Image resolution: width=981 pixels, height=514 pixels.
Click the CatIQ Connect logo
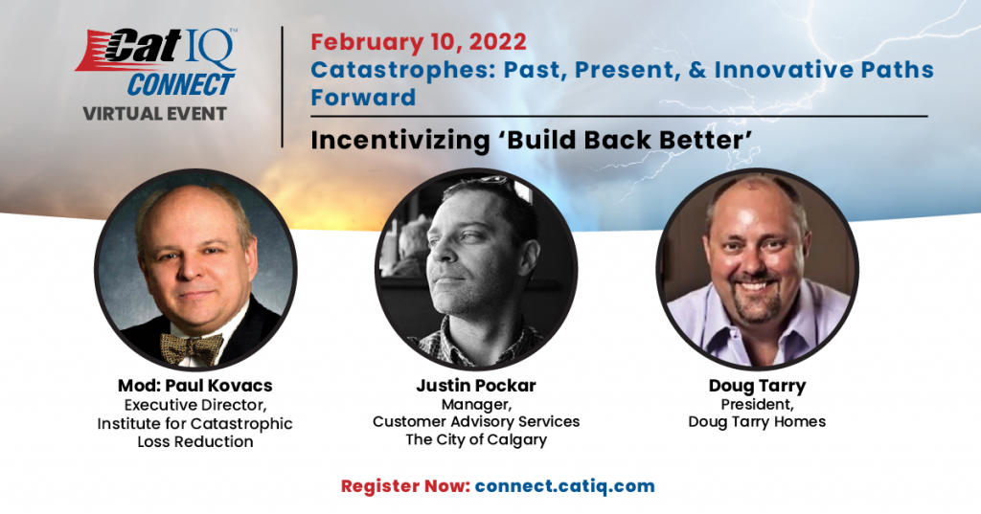click(156, 62)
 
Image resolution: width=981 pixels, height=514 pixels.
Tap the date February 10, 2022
click(419, 42)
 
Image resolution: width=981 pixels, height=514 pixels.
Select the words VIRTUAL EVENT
click(154, 114)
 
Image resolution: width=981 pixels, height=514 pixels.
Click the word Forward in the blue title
click(363, 98)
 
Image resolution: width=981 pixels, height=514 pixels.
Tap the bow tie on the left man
click(192, 347)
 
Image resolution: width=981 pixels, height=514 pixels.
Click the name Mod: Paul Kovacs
click(195, 385)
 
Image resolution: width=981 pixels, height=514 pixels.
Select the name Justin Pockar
click(476, 385)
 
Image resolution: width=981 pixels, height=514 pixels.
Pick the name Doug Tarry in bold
click(757, 386)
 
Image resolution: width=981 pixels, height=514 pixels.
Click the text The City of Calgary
click(476, 439)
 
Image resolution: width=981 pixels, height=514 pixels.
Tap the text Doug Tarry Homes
click(757, 422)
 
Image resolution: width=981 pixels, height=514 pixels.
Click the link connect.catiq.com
click(565, 486)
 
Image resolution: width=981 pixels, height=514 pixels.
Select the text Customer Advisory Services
click(476, 421)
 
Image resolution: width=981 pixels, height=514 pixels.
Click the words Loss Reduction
click(195, 441)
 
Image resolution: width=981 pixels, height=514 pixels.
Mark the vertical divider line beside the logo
click(283, 87)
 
